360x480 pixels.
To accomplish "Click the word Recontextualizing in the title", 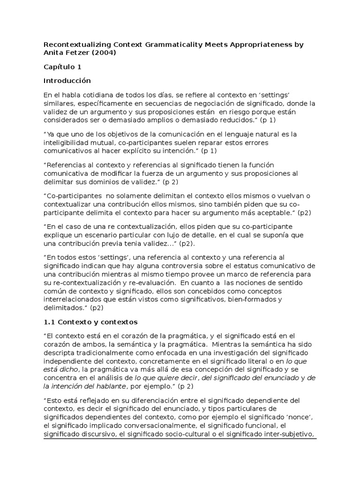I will pos(72,45).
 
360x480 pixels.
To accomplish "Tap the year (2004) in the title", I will pos(101,53).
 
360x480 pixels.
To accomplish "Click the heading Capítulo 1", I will pos(62,67).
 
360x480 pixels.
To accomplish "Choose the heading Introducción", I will pos(67,81).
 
